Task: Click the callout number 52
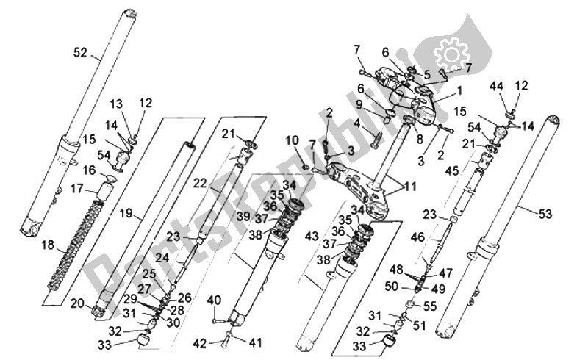click(80, 52)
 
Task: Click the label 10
click(291, 140)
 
